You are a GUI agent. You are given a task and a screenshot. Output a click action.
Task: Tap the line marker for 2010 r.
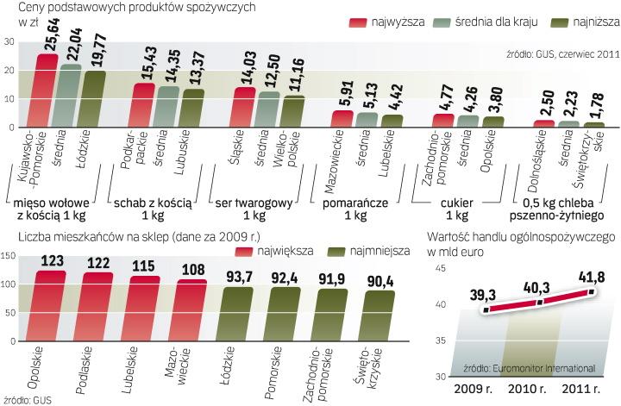pyautogui.click(x=540, y=302)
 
